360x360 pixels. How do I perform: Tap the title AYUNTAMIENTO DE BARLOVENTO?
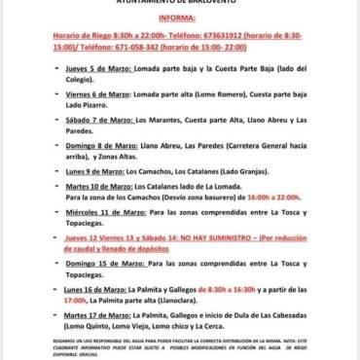179,3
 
